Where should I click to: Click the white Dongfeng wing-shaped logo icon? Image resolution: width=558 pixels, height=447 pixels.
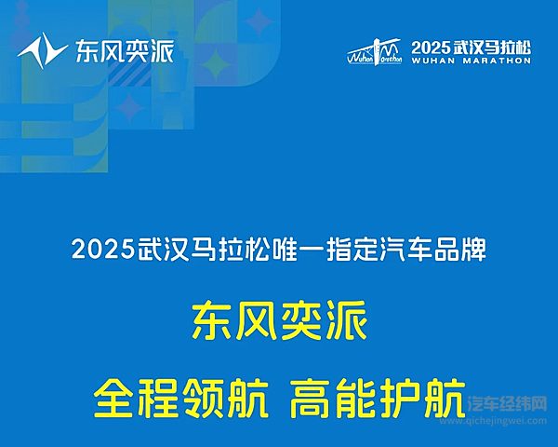coord(39,49)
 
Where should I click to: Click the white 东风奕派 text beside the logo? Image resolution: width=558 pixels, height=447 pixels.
coord(124,50)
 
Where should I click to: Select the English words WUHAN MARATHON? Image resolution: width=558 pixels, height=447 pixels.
coord(471,61)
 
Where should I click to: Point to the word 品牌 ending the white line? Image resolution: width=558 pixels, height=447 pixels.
coord(471,251)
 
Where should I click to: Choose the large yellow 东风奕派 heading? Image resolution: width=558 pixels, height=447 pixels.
coord(279,323)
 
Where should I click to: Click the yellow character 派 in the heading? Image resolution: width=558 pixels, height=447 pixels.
coord(346,323)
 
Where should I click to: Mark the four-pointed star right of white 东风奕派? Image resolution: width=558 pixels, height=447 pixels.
coord(217,63)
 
